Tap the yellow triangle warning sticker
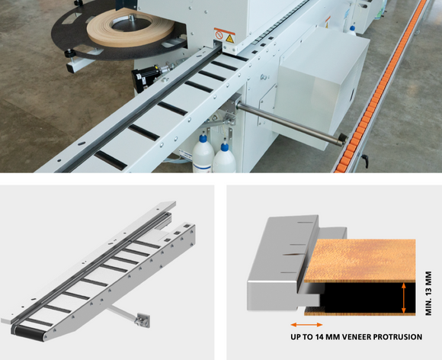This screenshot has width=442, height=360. click(229, 38)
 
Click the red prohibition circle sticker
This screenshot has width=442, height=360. click(219, 35)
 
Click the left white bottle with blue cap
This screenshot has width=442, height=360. click(203, 154)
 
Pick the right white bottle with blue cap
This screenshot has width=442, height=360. click(224, 159)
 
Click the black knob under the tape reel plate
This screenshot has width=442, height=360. click(69, 53)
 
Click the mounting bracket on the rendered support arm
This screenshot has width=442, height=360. click(142, 321)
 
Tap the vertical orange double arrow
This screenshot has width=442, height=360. click(404, 298)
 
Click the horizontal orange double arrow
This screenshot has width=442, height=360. click(306, 325)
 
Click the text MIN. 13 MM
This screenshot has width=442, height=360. click(428, 293)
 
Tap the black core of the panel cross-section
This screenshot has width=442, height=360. click(367, 298)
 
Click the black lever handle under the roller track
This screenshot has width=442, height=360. click(365, 161)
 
